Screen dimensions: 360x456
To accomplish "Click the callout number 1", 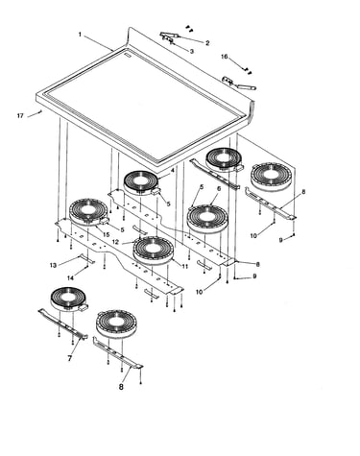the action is point(80,34).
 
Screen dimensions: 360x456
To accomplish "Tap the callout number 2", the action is point(207,43).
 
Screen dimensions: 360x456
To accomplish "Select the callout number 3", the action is point(192,51).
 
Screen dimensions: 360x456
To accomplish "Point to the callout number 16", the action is point(225,57).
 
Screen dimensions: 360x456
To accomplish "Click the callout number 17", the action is point(20,116).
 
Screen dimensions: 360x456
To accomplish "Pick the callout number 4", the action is point(172,171).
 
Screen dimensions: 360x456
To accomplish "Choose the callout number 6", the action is point(219,189).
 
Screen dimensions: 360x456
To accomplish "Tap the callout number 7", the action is point(70,358).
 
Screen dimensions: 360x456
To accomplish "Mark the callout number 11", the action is point(184,266).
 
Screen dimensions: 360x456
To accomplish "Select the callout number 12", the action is point(115,242).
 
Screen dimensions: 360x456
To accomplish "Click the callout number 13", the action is point(53,265).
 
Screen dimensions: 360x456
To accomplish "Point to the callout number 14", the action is point(70,278).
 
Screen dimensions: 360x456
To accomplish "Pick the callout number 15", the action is point(107,235).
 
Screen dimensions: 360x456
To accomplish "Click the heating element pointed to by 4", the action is point(141,183).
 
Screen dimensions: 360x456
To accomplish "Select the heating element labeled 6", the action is point(207,219).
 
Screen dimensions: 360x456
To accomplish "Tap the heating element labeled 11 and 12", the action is point(154,251).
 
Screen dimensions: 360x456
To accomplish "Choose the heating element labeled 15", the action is point(88,212).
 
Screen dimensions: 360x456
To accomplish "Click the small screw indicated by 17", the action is point(40,111).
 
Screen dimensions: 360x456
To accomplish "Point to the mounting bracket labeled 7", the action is point(63,323).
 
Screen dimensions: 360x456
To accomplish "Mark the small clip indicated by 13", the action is point(87,259).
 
